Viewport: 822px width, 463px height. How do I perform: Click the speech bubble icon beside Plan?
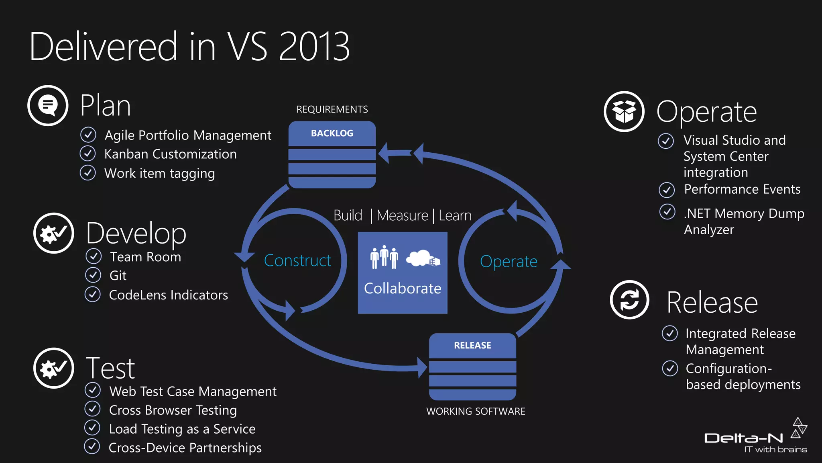coord(48,106)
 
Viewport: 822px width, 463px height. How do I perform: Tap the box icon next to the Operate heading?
coord(624,111)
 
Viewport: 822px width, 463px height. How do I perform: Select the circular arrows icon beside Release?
coord(629,300)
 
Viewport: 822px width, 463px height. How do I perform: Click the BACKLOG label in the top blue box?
coord(332,133)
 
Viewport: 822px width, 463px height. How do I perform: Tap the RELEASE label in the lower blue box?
coord(472,346)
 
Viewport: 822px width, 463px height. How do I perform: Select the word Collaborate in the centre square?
coord(403,289)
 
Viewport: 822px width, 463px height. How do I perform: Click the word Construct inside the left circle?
coord(297,261)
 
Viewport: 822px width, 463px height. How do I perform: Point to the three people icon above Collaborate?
coord(384,257)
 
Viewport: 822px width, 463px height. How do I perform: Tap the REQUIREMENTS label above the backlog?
coord(332,109)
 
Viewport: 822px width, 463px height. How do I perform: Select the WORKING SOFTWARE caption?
coord(476,412)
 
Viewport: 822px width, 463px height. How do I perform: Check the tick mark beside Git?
coord(93,275)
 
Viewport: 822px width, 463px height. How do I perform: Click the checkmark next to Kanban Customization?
coord(87,154)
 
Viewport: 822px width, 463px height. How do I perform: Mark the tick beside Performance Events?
coord(667,190)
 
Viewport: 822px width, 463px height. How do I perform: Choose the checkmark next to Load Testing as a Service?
coord(92,428)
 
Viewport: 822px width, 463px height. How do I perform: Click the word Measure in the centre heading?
coord(403,216)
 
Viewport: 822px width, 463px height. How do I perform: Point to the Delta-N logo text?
coord(744,438)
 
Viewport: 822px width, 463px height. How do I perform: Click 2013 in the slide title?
coord(314,47)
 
